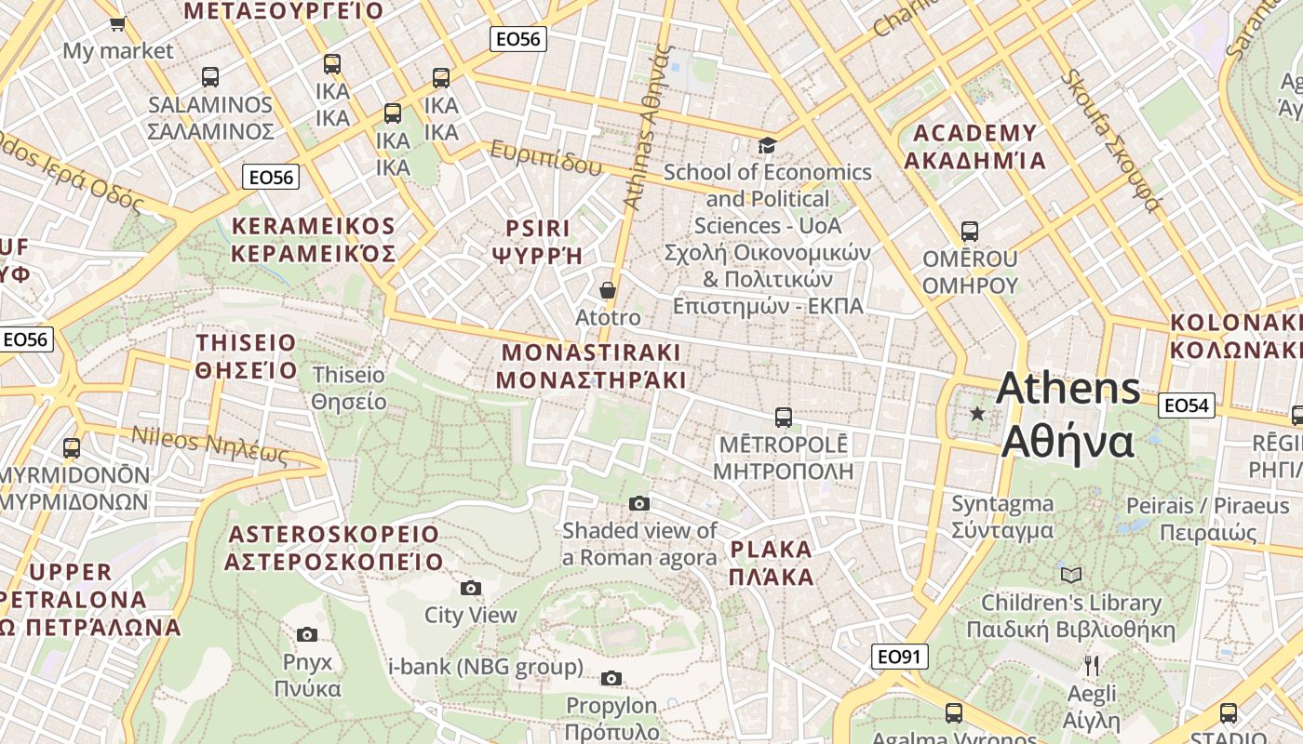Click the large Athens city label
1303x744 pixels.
pyautogui.click(x=1068, y=415)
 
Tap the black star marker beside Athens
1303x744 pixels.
pyautogui.click(x=977, y=413)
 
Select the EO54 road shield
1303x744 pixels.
pyautogui.click(x=1187, y=405)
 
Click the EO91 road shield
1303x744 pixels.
pyautogui.click(x=900, y=657)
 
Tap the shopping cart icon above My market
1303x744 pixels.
pyautogui.click(x=117, y=23)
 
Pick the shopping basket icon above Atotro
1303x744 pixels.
pyautogui.click(x=608, y=291)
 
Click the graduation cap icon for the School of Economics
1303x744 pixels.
pyautogui.click(x=767, y=145)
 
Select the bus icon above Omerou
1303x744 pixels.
pyautogui.click(x=970, y=232)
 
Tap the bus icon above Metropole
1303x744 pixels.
pyautogui.click(x=784, y=418)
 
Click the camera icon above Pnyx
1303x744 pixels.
pyautogui.click(x=307, y=635)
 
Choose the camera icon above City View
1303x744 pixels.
pyautogui.click(x=471, y=588)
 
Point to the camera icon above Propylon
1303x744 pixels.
pyautogui.click(x=611, y=678)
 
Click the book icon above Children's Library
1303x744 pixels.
pyautogui.click(x=1071, y=576)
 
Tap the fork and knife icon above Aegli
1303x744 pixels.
pyautogui.click(x=1092, y=666)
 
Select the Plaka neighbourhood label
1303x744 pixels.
pyautogui.click(x=772, y=563)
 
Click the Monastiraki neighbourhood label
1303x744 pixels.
pyautogui.click(x=591, y=366)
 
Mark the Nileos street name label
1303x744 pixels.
pyautogui.click(x=209, y=445)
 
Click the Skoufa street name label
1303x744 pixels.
pyautogui.click(x=1111, y=139)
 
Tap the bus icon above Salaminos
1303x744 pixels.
pyautogui.click(x=210, y=77)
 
